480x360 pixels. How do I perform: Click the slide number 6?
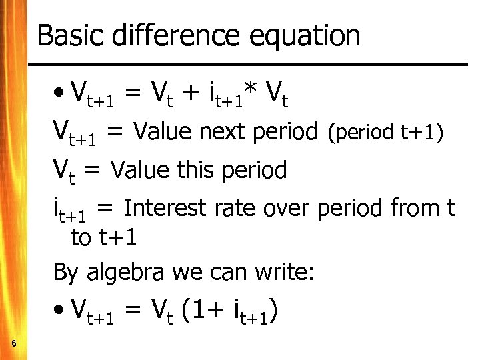pyautogui.click(x=15, y=343)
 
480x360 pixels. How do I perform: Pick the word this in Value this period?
pyautogui.click(x=193, y=171)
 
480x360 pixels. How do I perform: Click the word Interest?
pyautogui.click(x=166, y=208)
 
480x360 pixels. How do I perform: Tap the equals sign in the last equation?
pyautogui.click(x=133, y=311)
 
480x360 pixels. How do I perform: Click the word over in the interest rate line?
pyautogui.click(x=287, y=209)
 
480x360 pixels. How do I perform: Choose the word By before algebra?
pyautogui.click(x=65, y=273)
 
